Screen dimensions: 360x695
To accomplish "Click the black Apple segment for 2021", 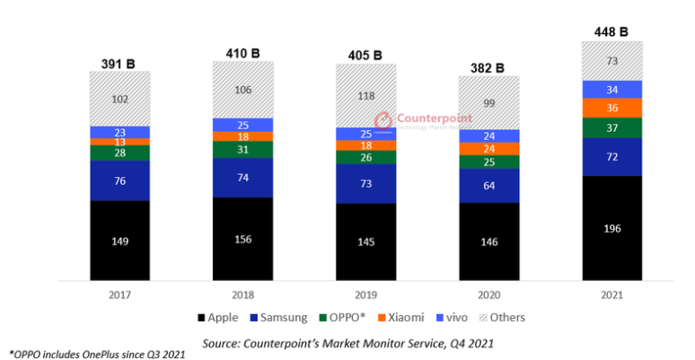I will (x=611, y=228).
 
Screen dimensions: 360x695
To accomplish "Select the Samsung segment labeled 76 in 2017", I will (x=119, y=180).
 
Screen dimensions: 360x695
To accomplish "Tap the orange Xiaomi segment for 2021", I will (x=611, y=108).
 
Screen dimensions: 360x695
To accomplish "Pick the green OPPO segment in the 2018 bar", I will (x=242, y=149).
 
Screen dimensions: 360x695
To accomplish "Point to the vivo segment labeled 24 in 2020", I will (x=488, y=136).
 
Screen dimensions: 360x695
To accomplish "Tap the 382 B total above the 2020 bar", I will (x=488, y=67).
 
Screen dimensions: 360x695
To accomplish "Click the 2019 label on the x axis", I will (x=365, y=294).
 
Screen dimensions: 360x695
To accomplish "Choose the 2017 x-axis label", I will (x=119, y=294).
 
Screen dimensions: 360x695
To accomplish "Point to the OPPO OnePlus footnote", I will (x=97, y=354).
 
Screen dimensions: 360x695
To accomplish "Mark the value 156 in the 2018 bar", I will (x=242, y=239).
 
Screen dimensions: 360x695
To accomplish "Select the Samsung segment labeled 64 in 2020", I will (x=488, y=186).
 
